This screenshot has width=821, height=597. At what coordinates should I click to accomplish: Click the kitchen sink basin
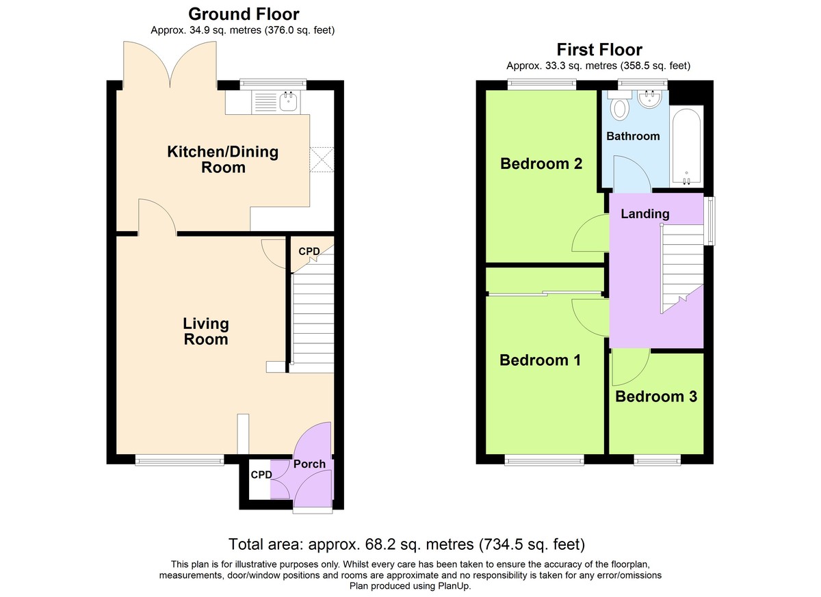click(289, 101)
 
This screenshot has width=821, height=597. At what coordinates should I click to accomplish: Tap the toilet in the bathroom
click(619, 105)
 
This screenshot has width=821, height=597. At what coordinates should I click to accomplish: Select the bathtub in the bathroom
click(686, 146)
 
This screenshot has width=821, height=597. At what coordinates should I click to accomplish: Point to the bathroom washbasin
click(649, 99)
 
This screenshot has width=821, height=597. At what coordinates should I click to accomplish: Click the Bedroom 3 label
click(656, 397)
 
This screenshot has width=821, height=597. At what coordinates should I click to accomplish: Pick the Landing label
click(645, 213)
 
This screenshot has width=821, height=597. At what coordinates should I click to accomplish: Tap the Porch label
click(309, 464)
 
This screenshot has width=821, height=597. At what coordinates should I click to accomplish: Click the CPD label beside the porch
click(261, 475)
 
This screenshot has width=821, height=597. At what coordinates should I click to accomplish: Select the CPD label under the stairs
click(309, 251)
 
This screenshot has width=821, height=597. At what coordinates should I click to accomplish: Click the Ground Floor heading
click(244, 14)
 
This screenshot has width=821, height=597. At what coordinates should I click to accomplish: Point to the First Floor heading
click(599, 49)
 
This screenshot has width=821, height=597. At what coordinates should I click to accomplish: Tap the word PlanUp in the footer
click(454, 586)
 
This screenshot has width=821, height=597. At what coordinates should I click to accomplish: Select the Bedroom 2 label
click(541, 163)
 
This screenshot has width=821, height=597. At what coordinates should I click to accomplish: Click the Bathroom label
click(633, 136)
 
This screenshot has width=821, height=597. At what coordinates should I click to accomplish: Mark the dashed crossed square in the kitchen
click(322, 159)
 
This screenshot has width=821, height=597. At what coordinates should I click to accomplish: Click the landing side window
click(712, 221)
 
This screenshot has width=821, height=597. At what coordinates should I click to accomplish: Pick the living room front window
click(179, 460)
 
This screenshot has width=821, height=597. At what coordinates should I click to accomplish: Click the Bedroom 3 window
click(657, 460)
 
